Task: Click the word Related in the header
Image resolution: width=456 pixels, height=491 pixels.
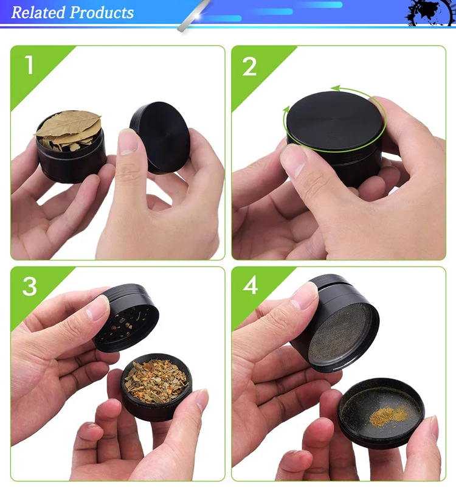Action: (x=38, y=13)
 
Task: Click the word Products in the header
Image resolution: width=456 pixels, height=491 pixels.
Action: (x=102, y=13)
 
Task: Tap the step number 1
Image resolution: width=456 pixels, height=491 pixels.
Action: (x=29, y=65)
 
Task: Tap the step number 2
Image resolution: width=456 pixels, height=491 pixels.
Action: (x=249, y=66)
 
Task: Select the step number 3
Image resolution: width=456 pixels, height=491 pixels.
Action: (x=30, y=286)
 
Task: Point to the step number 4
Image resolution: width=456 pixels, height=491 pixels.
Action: (x=250, y=285)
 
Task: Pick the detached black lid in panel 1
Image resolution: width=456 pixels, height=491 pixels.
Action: (x=160, y=137)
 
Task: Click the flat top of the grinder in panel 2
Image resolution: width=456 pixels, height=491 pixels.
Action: (x=334, y=120)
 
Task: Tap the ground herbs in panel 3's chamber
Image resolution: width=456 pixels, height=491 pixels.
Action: (x=156, y=381)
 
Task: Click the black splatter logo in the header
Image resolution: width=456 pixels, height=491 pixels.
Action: (x=429, y=13)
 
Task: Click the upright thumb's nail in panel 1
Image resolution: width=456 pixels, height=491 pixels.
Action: (x=128, y=142)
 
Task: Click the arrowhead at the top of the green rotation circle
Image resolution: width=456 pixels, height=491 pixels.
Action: (x=336, y=88)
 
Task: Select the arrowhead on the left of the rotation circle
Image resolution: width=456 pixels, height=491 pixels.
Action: (x=286, y=110)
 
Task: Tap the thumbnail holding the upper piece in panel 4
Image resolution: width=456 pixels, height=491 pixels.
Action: (x=303, y=296)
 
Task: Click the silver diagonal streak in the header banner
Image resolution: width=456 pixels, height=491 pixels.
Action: (x=194, y=15)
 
